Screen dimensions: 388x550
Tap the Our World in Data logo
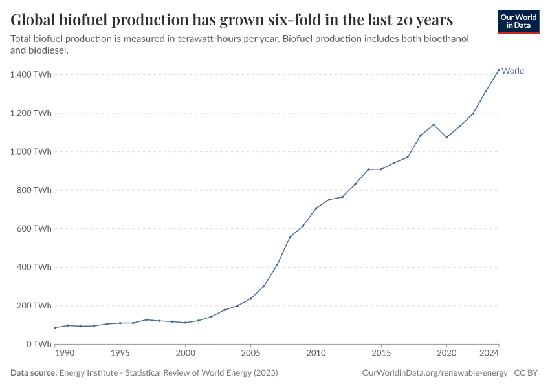[x=518, y=21]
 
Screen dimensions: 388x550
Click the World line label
[x=512, y=71]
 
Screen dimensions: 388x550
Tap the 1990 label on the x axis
[x=63, y=354]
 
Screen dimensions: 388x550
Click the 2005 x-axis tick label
[x=250, y=354]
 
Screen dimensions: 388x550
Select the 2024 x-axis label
[x=490, y=354]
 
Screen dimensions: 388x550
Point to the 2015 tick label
[x=381, y=354]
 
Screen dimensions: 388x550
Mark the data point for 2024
[x=499, y=70]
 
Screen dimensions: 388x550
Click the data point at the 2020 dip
[x=446, y=137]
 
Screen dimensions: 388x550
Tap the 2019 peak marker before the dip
[x=434, y=125]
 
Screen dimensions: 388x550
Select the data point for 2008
[x=290, y=237]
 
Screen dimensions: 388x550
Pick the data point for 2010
[x=316, y=208]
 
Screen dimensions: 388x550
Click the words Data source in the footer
[x=34, y=373]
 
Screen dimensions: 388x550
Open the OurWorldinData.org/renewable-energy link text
[x=435, y=373]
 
